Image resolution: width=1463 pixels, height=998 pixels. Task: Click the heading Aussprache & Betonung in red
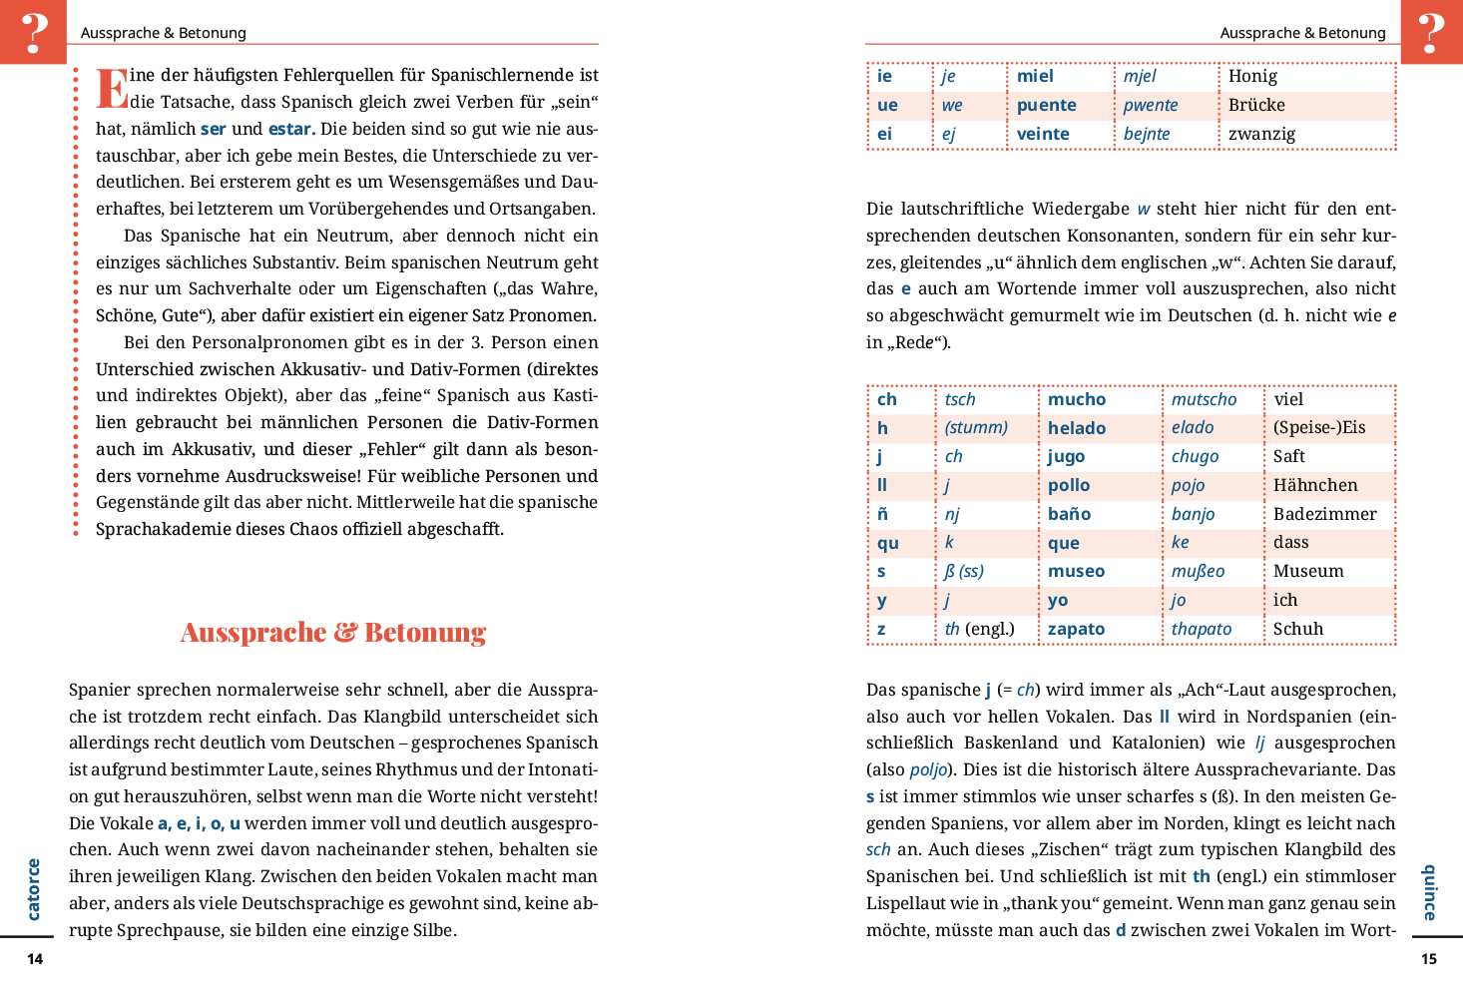pyautogui.click(x=333, y=633)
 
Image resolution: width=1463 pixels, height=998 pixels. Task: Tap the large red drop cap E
pyautogui.click(x=112, y=88)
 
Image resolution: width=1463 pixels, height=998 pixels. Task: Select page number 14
pyautogui.click(x=35, y=959)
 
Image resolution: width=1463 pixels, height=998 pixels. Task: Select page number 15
pyautogui.click(x=1428, y=959)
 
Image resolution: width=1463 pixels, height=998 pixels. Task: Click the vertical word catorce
pyautogui.click(x=34, y=889)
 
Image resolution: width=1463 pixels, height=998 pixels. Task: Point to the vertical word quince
pyautogui.click(x=1429, y=892)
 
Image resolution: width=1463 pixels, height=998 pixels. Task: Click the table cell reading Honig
pyautogui.click(x=1252, y=76)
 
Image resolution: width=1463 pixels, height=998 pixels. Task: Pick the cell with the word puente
pyautogui.click(x=1046, y=105)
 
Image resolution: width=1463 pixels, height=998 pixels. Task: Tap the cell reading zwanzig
pyautogui.click(x=1261, y=134)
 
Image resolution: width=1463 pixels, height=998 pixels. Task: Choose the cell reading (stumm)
pyautogui.click(x=976, y=427)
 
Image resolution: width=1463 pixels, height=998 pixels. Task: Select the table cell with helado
pyautogui.click(x=1077, y=428)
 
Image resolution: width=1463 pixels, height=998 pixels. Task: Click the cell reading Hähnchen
pyautogui.click(x=1315, y=485)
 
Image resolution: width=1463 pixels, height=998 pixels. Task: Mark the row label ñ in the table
pyautogui.click(x=882, y=514)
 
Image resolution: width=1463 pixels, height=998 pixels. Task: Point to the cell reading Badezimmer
pyautogui.click(x=1324, y=514)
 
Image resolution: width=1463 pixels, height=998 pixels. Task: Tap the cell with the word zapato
pyautogui.click(x=1076, y=629)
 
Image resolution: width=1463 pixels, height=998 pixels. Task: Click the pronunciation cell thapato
pyautogui.click(x=1201, y=629)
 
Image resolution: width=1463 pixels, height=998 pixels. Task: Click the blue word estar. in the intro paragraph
pyautogui.click(x=291, y=129)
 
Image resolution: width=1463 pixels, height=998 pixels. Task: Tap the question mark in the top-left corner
pyautogui.click(x=34, y=32)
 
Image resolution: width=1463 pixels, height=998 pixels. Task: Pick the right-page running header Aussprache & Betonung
pyautogui.click(x=1302, y=33)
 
